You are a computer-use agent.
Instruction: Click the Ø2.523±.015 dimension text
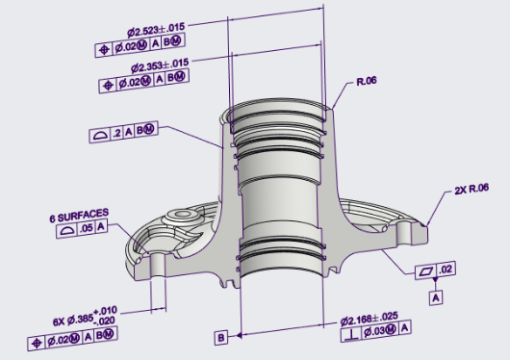click(156, 30)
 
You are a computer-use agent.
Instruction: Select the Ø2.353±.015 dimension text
click(160, 65)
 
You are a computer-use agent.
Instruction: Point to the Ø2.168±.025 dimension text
click(370, 319)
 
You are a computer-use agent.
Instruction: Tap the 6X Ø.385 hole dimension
click(85, 317)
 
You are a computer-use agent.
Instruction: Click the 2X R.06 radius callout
click(472, 189)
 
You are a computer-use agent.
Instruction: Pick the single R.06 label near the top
click(367, 81)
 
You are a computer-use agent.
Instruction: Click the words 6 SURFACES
click(79, 216)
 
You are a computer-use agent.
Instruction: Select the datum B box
click(221, 338)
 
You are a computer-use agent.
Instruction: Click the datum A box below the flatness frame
click(436, 297)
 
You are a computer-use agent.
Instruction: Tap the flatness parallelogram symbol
click(426, 271)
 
